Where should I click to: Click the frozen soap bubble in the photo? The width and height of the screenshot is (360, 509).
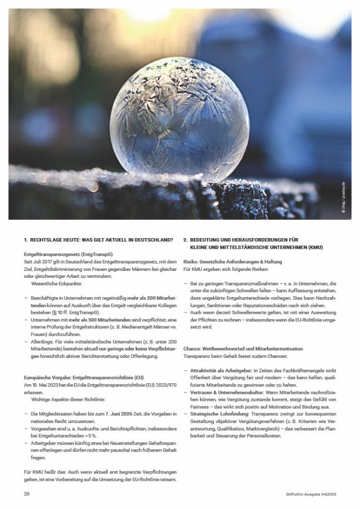tap(179, 119)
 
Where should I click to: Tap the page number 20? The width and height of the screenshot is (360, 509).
tap(27, 493)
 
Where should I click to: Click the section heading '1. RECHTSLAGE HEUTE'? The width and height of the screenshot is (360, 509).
tap(98, 240)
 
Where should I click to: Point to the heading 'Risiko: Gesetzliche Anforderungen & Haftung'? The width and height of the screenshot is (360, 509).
tap(229, 261)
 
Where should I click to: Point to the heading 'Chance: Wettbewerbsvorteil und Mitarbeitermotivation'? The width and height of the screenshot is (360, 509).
tap(243, 349)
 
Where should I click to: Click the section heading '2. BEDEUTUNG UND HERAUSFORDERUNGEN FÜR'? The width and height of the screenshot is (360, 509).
tap(248, 240)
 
